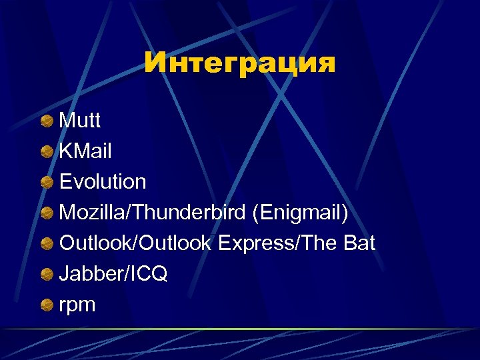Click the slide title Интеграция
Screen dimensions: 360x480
[x=240, y=63]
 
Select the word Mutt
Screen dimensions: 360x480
[x=80, y=121]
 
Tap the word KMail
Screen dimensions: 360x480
[x=86, y=151]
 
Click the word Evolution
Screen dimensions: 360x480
[x=103, y=181]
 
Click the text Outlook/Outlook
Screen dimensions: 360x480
[x=136, y=243]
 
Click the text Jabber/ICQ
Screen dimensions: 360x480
[x=113, y=274]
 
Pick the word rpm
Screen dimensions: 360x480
[x=77, y=306]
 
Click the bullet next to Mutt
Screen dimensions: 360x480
[x=47, y=121]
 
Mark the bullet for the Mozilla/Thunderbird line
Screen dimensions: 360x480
[x=47, y=213]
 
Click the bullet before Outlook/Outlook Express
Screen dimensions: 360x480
[x=47, y=244]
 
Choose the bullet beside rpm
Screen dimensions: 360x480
[x=47, y=305]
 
